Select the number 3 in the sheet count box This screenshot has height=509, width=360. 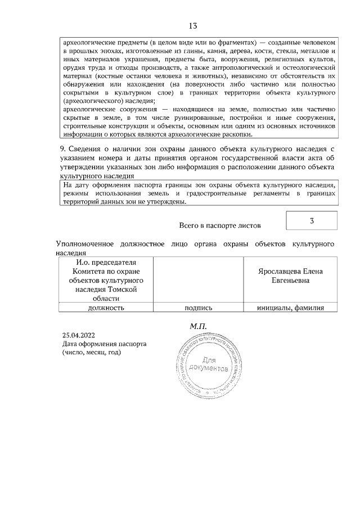311,220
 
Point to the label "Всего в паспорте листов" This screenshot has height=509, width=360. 220,226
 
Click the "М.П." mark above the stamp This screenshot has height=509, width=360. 199,326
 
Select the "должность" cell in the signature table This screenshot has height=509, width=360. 106,308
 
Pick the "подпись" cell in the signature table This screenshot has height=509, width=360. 198,308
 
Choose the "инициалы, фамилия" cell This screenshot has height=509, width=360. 289,308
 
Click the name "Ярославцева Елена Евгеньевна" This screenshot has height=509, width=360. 289,276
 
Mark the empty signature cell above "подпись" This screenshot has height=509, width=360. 198,280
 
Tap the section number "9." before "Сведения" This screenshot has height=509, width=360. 63,148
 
